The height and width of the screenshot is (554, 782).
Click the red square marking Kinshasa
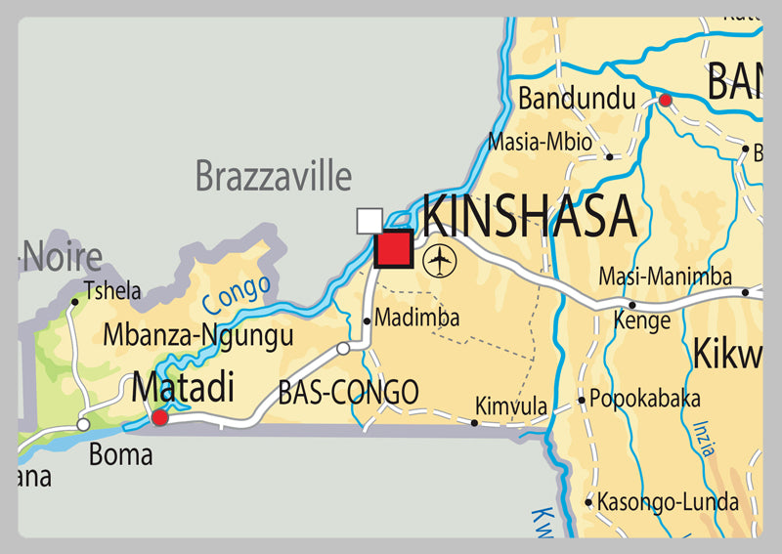(x=393, y=248)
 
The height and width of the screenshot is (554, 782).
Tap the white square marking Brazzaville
(x=369, y=221)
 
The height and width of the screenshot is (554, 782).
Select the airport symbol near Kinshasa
(x=442, y=260)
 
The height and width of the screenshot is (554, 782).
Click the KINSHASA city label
(x=529, y=217)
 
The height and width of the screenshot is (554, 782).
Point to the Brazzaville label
(x=273, y=177)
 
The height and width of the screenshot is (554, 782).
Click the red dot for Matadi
(x=159, y=418)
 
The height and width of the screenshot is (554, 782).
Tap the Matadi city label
(x=183, y=388)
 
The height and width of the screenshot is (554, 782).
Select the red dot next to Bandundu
(x=665, y=100)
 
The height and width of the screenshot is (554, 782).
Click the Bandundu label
(x=577, y=99)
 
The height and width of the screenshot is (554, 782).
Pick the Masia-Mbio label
(x=540, y=142)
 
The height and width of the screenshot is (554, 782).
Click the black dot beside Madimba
(x=367, y=320)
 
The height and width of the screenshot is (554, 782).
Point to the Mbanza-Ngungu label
(x=197, y=337)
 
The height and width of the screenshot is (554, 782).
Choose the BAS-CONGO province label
(x=348, y=393)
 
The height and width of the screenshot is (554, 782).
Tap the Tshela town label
(x=112, y=290)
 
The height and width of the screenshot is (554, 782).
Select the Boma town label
(x=120, y=454)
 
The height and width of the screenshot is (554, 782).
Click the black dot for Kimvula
(x=474, y=423)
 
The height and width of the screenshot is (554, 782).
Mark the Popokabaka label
(x=645, y=399)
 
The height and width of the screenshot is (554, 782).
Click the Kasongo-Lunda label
(x=668, y=502)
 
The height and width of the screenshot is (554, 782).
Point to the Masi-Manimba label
(x=665, y=277)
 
